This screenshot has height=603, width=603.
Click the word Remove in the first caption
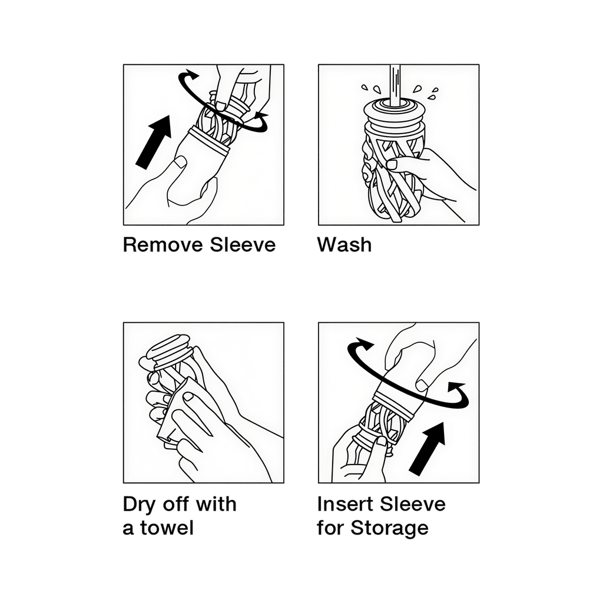tap(163, 244)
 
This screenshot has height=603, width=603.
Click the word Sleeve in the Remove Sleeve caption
tap(243, 244)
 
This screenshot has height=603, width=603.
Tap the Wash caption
tap(344, 244)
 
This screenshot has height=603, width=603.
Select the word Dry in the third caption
tap(139, 505)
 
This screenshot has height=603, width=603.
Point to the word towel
tap(167, 528)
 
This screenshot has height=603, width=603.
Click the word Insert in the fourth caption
tap(344, 504)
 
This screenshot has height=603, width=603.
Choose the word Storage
tap(389, 528)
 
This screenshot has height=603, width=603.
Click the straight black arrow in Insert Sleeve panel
tap(428, 448)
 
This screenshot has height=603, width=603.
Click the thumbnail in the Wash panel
tap(392, 164)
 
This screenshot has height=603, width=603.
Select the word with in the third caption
tap(217, 504)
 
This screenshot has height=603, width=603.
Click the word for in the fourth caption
tap(330, 528)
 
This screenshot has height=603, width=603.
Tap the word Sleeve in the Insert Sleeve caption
tap(413, 504)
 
